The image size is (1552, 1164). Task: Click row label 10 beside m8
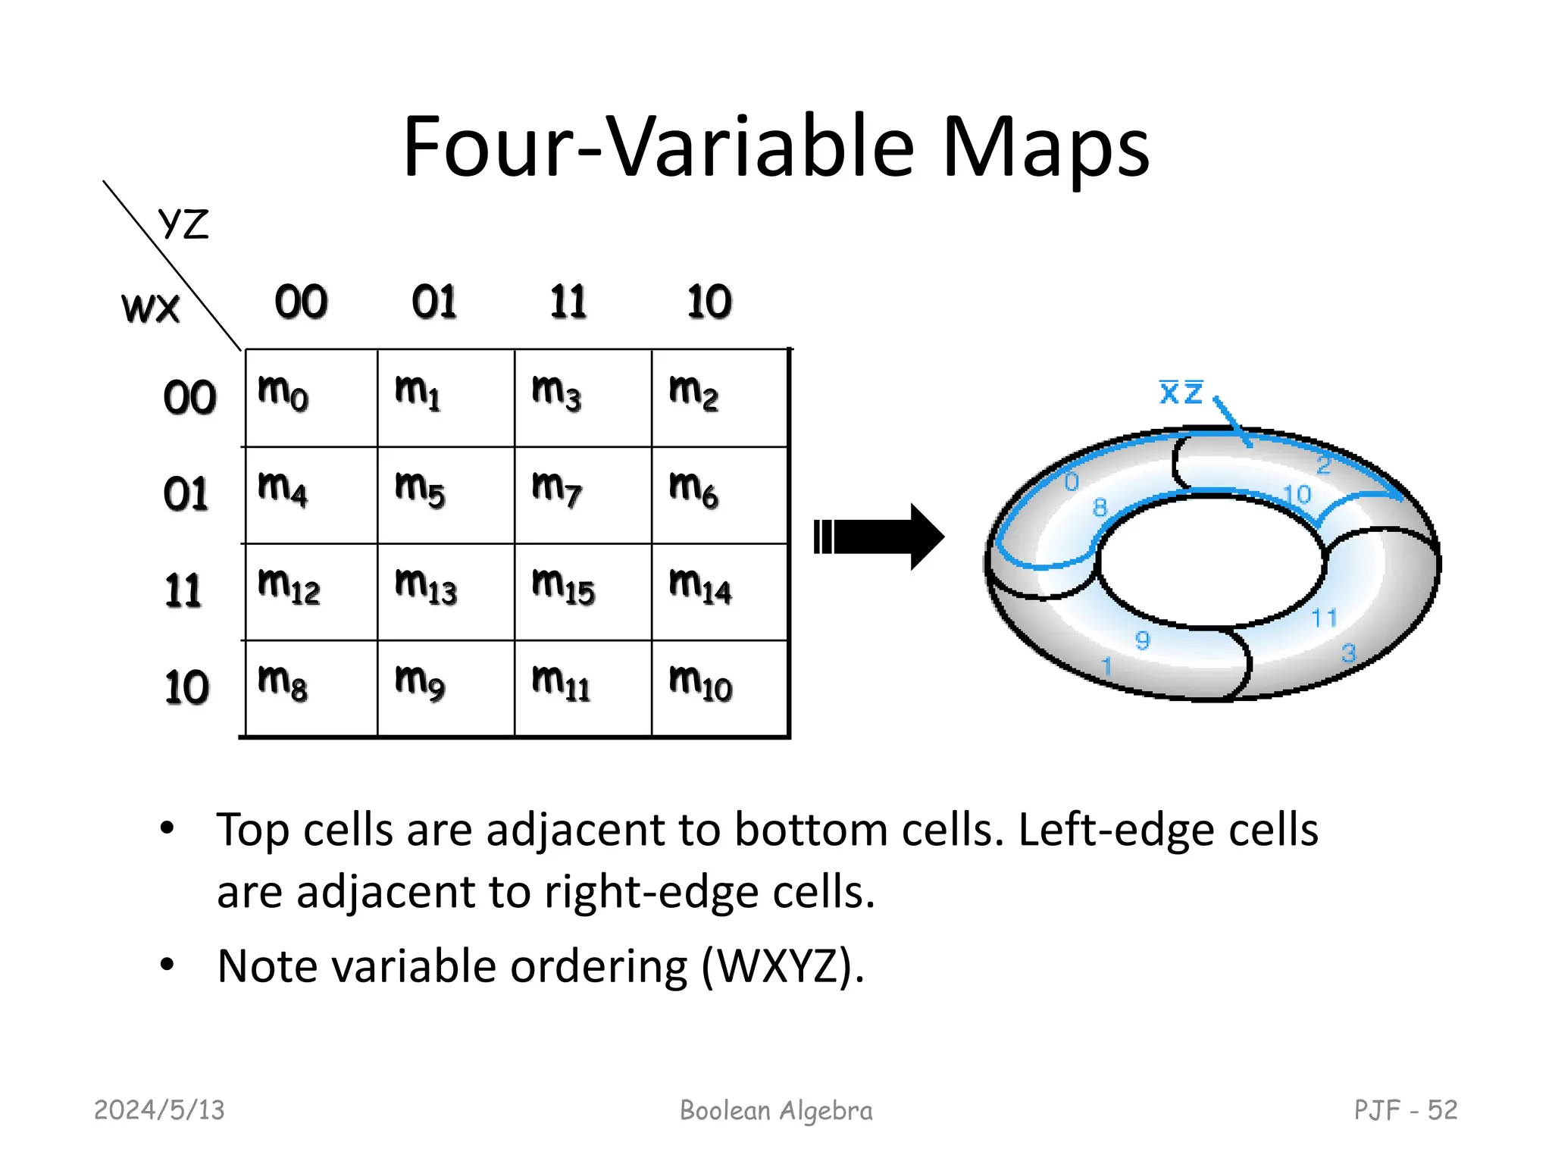coord(186,687)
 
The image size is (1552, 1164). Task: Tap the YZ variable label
coord(183,224)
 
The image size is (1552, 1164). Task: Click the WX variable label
coord(151,308)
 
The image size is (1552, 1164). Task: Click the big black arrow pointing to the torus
coord(879,537)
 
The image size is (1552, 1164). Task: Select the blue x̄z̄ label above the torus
coord(1181,393)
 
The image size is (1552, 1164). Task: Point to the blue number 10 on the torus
coord(1297,495)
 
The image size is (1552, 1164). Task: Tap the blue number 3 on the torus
coord(1348,652)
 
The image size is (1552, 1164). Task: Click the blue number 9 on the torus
coord(1142,640)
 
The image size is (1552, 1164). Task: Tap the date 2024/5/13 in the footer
coord(159,1110)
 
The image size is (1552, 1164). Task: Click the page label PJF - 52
coord(1405,1110)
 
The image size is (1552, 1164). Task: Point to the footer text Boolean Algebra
coord(776,1110)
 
